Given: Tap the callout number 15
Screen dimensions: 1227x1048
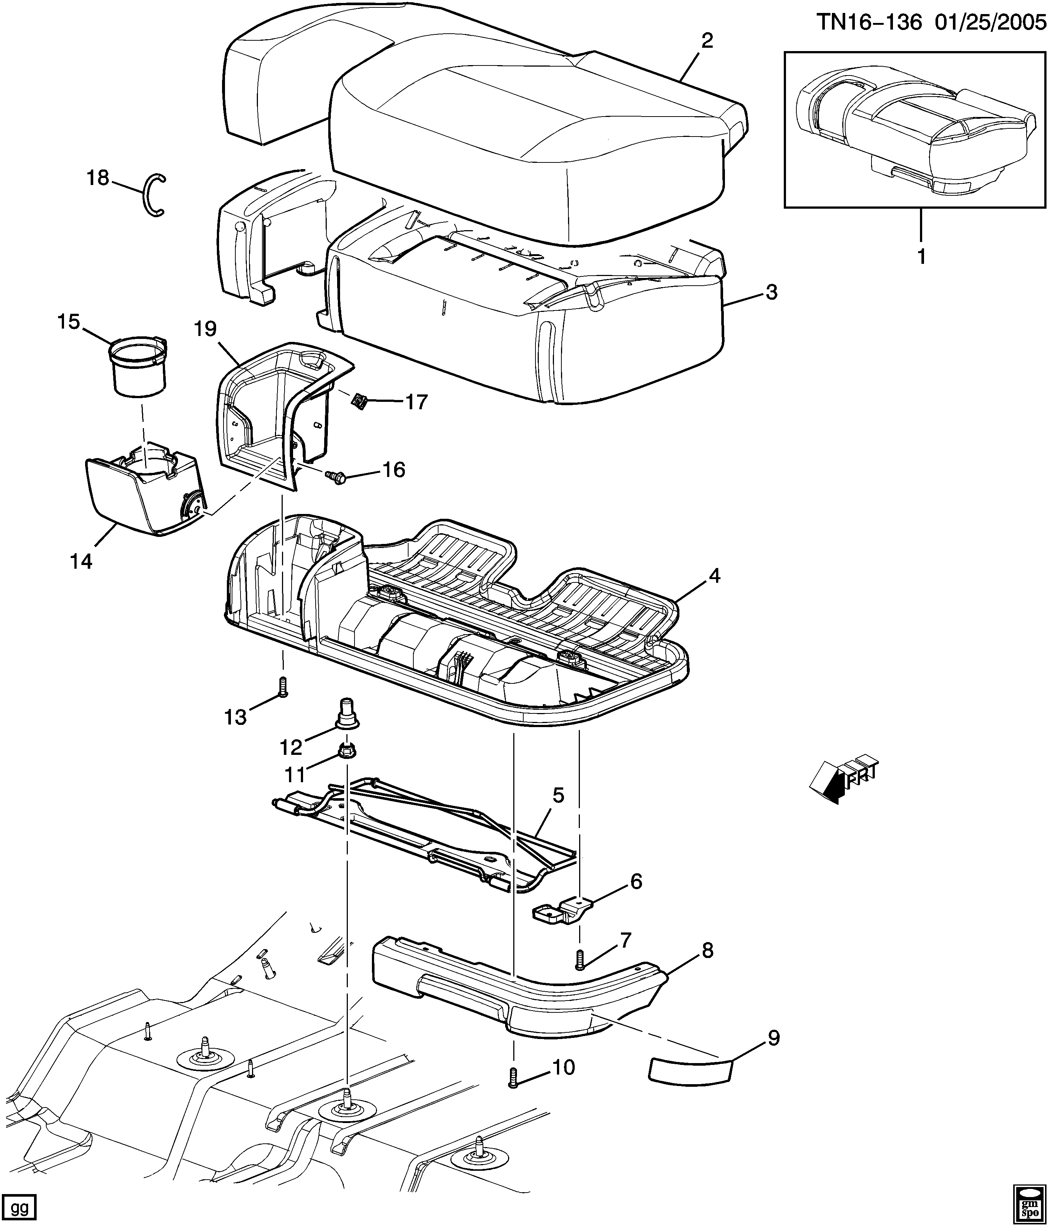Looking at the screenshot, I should [69, 322].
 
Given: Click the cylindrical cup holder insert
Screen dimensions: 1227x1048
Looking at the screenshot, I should [138, 367].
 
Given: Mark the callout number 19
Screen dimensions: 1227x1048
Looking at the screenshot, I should [205, 329].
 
